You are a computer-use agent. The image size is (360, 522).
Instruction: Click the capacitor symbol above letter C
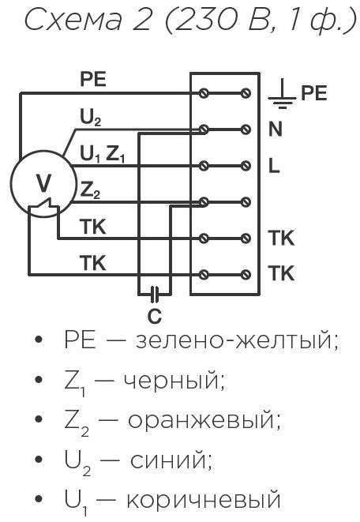point(154,295)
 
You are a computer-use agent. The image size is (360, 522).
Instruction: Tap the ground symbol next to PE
point(282,94)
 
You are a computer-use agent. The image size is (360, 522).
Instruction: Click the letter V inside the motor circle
point(43,183)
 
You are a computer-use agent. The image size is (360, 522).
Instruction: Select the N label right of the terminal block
point(276,129)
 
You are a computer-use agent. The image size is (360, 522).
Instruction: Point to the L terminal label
point(274,166)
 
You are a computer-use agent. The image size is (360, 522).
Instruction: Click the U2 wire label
point(91,117)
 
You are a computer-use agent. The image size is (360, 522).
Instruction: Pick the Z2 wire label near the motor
point(90,191)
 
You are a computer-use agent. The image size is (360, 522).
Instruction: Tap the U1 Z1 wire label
point(102,154)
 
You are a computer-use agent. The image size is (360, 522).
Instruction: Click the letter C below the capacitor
point(155,316)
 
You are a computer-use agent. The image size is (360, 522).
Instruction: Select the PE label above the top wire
point(93,79)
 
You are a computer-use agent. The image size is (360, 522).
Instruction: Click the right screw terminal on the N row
point(246,129)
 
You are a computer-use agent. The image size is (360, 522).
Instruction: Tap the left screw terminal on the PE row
point(204,93)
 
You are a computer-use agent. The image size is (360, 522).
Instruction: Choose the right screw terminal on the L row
point(246,166)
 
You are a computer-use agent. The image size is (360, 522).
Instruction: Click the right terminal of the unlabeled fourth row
point(246,201)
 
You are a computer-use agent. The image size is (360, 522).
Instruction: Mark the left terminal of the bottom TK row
point(204,275)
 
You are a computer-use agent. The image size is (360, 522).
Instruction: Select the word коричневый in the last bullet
point(204,500)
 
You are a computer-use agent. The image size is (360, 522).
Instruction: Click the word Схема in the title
point(74,21)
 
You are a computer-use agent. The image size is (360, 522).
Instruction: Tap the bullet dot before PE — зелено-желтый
point(39,340)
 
